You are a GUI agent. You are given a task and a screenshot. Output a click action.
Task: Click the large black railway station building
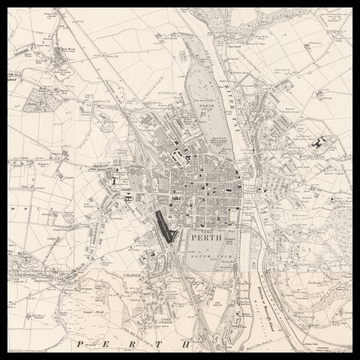click(x=163, y=226)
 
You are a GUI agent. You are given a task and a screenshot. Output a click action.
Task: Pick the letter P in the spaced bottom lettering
click(x=77, y=343)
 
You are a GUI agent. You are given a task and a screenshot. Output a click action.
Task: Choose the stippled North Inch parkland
click(x=200, y=90)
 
